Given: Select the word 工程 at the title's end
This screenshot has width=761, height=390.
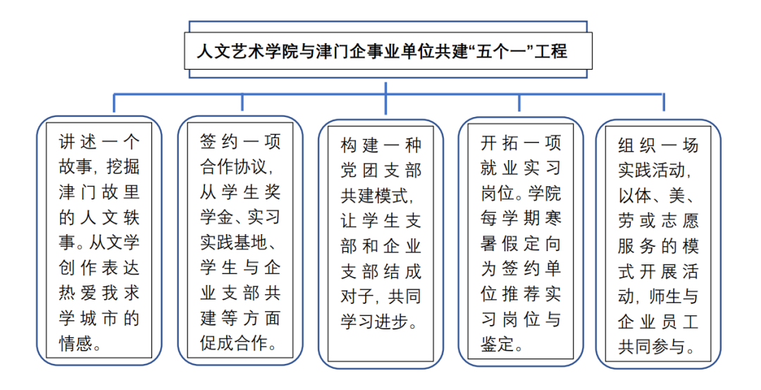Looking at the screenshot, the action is (x=550, y=51).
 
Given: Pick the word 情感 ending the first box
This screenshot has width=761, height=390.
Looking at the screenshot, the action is (x=75, y=343).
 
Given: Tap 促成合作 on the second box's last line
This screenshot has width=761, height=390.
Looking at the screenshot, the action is (x=233, y=343).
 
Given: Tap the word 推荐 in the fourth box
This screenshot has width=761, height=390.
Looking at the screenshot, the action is (x=521, y=294).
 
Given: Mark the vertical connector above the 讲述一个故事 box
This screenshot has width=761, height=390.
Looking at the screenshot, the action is (x=114, y=102).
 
